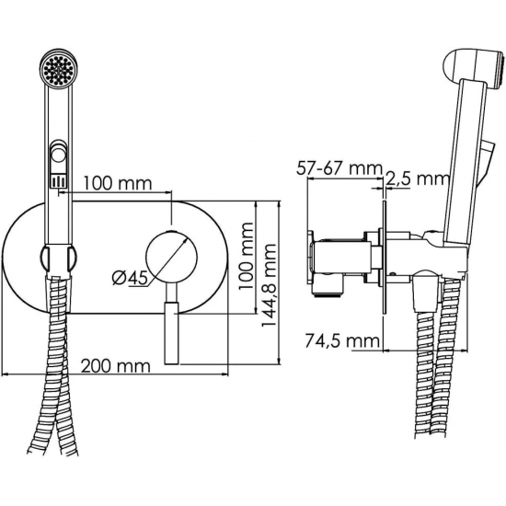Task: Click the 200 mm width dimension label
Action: point(115,366)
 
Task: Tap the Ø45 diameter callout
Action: point(130,278)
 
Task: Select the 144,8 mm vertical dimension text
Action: point(269,285)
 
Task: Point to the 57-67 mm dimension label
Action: point(339,168)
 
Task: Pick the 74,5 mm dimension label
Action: point(342,340)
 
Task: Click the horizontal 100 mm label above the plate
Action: point(118,183)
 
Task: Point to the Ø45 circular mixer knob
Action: point(171,257)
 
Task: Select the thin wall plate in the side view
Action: point(384,257)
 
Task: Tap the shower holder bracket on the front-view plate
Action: point(58,259)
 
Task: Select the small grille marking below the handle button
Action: point(58,181)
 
